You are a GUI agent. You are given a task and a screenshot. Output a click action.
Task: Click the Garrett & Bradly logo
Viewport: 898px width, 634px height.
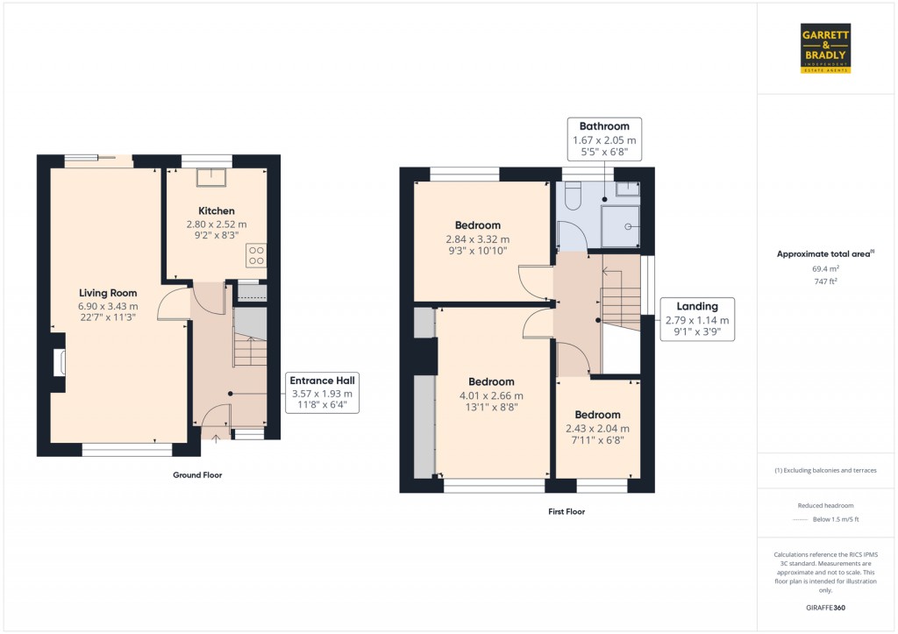pos(826,49)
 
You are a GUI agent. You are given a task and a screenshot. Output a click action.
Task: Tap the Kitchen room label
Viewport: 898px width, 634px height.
pos(216,211)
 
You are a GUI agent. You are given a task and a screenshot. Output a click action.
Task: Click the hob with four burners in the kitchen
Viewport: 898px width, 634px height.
pos(257,255)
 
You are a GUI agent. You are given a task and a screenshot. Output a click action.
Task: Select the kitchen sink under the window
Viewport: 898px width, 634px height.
pos(210,178)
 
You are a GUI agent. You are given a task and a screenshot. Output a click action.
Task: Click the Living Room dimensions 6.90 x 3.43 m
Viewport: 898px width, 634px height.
pos(109,307)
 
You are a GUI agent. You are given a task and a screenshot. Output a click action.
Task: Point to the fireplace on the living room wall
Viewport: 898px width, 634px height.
pos(59,362)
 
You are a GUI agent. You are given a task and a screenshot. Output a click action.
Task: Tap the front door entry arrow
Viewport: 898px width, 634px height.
pos(217,439)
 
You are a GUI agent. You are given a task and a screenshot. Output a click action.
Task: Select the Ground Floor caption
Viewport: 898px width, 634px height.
pos(196,475)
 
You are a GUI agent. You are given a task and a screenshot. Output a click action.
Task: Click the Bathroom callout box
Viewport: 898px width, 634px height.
pos(604,139)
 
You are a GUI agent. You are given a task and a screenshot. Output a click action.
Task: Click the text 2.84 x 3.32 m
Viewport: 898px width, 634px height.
pos(478,239)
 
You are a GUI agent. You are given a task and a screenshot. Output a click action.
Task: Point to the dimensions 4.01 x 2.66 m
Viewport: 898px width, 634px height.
pos(490,395)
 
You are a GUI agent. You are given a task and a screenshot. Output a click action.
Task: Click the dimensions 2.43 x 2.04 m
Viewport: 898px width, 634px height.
pos(597,429)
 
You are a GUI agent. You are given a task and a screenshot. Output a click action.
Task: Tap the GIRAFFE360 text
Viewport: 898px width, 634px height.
pos(826,607)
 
